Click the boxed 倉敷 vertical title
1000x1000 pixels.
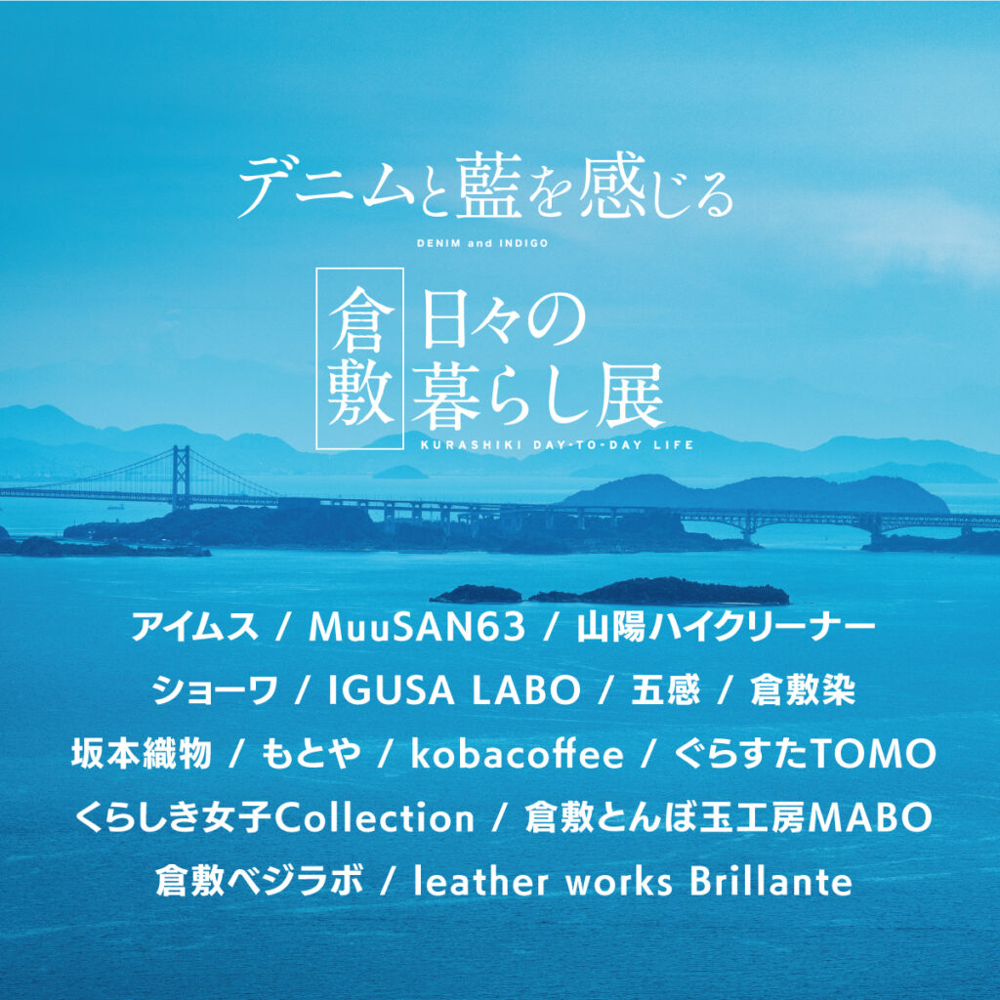point(360,358)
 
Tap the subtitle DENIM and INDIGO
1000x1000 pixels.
point(482,243)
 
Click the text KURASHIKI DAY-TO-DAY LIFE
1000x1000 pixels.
point(557,444)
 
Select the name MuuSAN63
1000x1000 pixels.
point(417,627)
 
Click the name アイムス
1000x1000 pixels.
point(194,627)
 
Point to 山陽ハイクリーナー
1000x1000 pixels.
point(726,627)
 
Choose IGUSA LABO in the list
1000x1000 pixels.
point(454,690)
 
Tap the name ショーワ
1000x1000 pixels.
point(216,690)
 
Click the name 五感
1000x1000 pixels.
point(665,690)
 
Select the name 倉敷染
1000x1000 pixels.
point(803,690)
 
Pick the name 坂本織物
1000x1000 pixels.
point(141,754)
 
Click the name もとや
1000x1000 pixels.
point(312,754)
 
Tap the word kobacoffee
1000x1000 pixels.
point(518,754)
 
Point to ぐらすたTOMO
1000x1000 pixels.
point(805,754)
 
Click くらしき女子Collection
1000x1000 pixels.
point(274,817)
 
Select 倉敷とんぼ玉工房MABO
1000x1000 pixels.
point(729,817)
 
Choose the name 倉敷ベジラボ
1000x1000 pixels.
point(260,881)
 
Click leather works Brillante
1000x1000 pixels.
point(633,881)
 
